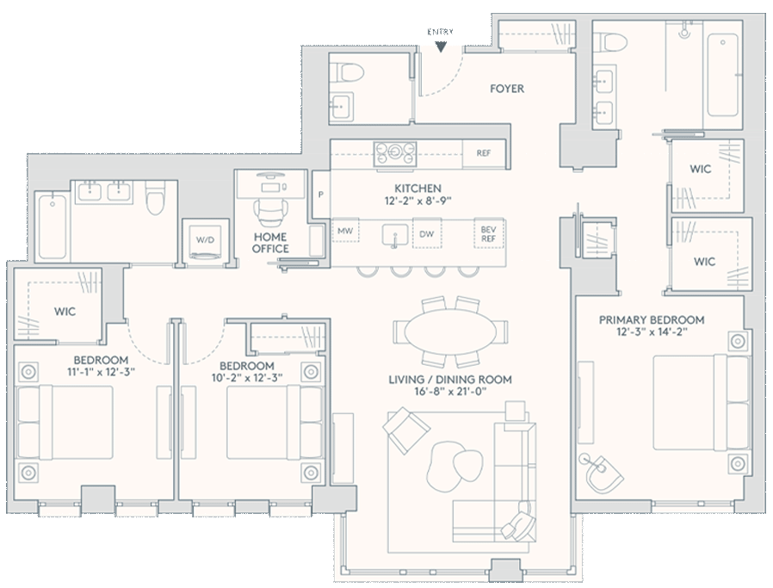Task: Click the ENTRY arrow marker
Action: pos(441,46)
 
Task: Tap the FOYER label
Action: pos(507,89)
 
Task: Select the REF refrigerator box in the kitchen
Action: pos(484,153)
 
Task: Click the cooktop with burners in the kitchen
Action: pos(395,152)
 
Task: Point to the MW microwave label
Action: pos(345,231)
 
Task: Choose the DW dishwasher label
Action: pos(426,234)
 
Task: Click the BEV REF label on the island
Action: pos(488,234)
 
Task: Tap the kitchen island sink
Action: pos(395,235)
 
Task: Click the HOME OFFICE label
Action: pos(270,243)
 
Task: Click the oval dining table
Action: pos(450,331)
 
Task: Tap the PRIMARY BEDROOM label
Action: pos(652,320)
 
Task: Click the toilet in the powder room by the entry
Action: pos(347,72)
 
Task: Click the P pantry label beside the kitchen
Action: pos(321,195)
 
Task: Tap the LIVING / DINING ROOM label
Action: pos(450,380)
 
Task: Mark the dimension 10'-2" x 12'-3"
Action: pos(246,378)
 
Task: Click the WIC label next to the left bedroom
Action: pos(65,312)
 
